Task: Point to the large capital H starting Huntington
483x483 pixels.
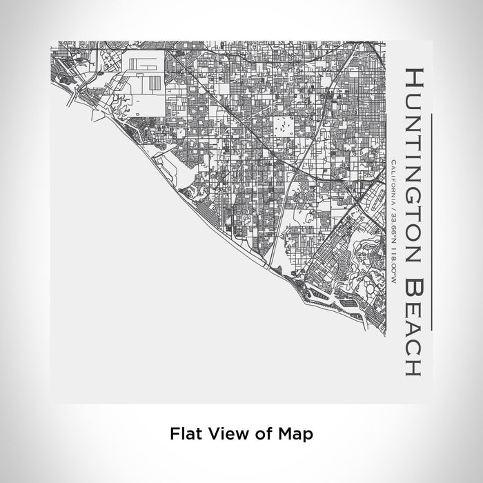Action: click(413, 77)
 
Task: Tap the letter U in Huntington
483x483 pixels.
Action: click(413, 97)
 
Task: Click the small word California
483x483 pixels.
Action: click(393, 181)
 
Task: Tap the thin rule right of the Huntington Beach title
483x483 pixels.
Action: click(431, 221)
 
